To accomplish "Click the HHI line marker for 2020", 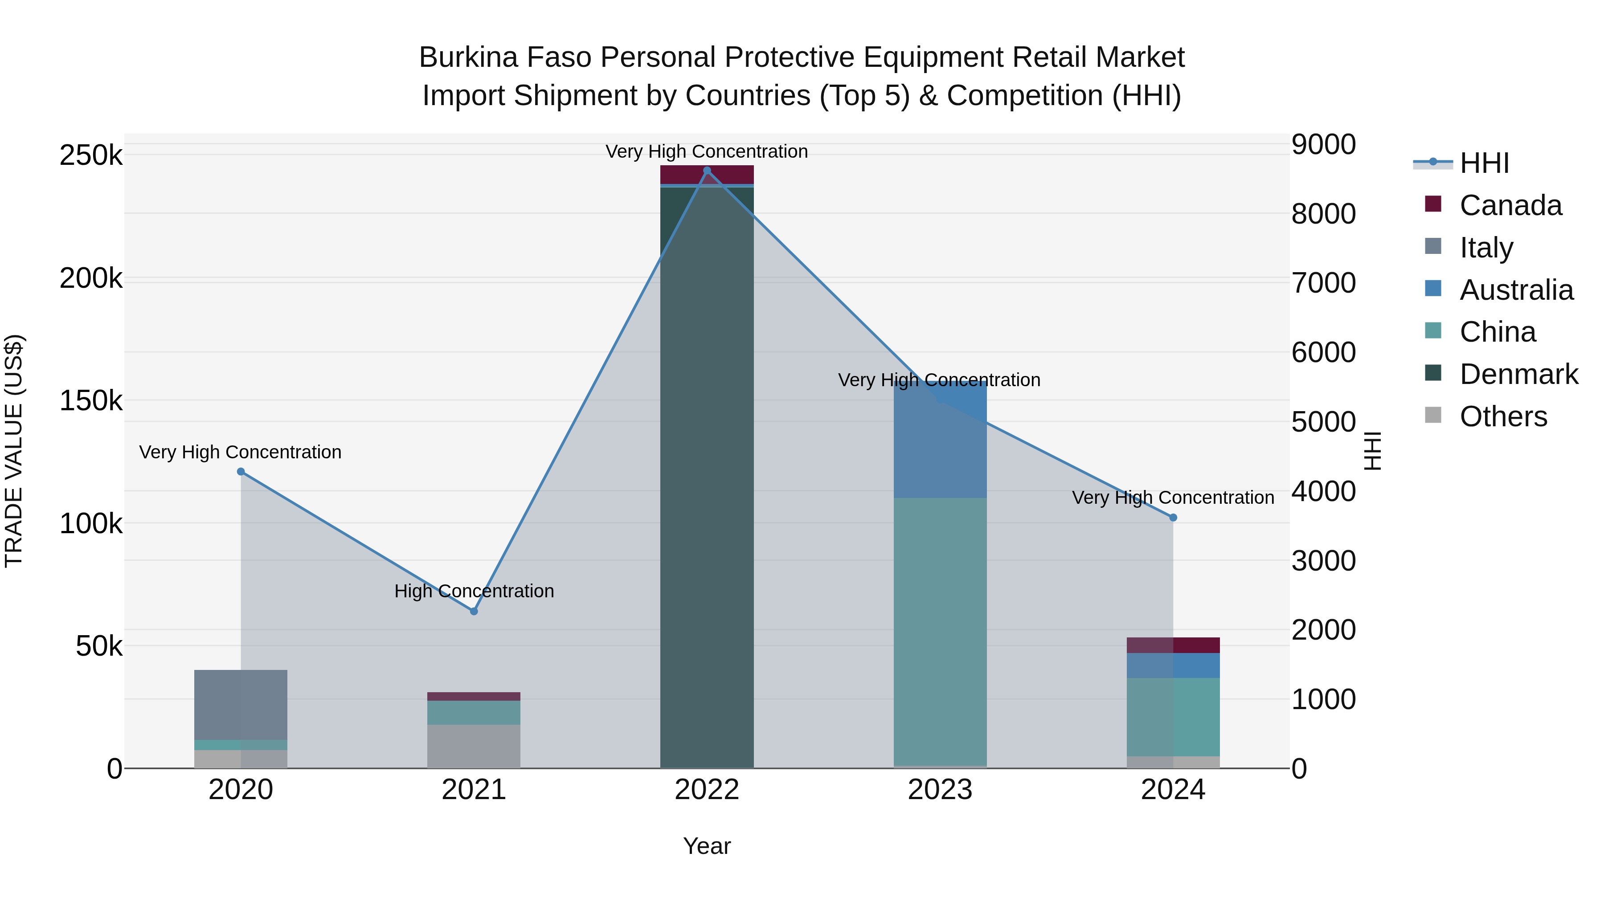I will coord(241,471).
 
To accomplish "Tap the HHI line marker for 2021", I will coord(474,611).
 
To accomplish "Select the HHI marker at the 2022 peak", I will coord(707,171).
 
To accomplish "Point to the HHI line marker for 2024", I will coord(1173,517).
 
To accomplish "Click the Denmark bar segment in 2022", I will coord(707,473).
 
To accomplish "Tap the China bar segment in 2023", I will coord(940,629).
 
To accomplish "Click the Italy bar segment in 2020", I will coord(241,705).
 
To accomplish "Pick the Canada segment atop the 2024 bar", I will coord(1173,645).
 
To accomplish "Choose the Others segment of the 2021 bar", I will coord(474,746).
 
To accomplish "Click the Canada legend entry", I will coord(1510,205).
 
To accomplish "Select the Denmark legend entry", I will coord(1518,374).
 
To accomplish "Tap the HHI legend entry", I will coord(1484,163).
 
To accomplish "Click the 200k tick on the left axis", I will coord(91,278).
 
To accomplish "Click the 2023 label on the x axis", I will coord(940,790).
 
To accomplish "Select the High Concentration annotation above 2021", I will coord(474,591).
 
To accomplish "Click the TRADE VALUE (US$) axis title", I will coord(14,451).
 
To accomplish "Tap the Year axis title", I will coord(707,846).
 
